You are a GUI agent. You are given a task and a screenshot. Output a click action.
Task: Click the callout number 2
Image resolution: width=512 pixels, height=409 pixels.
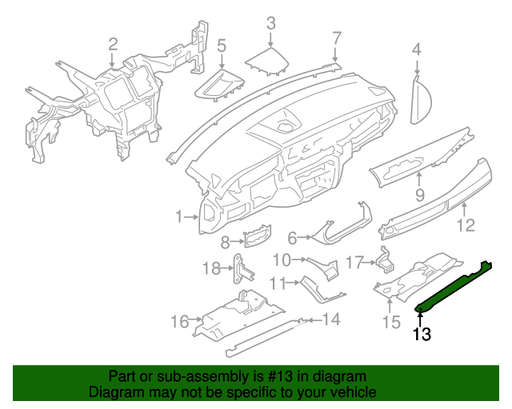113,44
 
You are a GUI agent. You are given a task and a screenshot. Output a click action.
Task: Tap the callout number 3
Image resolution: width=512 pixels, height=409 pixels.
270,23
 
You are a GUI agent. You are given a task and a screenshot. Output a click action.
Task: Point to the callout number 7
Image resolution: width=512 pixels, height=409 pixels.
337,37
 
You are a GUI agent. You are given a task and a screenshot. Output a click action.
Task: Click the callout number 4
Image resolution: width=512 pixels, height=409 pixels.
416,50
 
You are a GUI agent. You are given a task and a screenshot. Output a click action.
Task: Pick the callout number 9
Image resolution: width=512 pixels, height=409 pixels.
419,195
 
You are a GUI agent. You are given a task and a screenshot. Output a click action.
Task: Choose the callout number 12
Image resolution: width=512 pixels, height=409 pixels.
466,225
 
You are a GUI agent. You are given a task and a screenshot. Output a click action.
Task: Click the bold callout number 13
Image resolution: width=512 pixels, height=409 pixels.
422,335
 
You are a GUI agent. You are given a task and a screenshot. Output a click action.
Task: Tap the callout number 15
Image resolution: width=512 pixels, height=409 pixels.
390,322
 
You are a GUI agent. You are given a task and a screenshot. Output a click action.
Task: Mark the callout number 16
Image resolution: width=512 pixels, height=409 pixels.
179,321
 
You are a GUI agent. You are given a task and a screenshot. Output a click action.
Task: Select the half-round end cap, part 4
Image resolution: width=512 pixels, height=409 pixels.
422,101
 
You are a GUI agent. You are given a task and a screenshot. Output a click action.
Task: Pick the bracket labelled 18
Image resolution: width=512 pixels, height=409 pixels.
239,269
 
